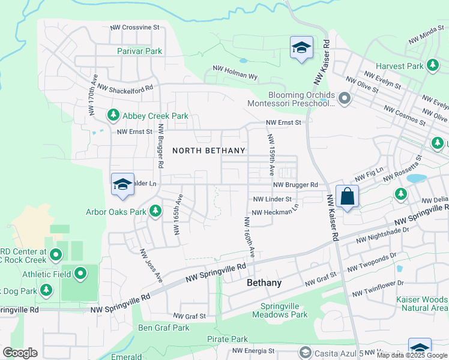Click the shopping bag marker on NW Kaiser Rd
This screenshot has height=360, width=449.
coord(347,196)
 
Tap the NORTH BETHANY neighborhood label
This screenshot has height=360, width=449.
coord(208,151)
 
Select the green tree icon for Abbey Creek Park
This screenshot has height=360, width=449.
coord(113,114)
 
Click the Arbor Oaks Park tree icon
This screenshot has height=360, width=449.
coord(155,211)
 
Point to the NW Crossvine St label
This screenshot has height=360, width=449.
coord(135,28)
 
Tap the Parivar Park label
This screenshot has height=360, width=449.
coord(139,52)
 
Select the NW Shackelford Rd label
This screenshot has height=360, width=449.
coord(125,87)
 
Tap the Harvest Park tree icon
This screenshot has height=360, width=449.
coord(433,65)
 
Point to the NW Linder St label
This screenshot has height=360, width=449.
coord(272,199)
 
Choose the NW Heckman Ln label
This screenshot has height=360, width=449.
coord(275,212)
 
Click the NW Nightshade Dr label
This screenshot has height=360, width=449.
coord(382,235)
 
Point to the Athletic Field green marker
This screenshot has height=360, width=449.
coord(80,275)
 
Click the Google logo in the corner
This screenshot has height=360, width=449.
coord(20,353)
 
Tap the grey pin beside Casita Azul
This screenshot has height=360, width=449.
coord(305,352)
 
